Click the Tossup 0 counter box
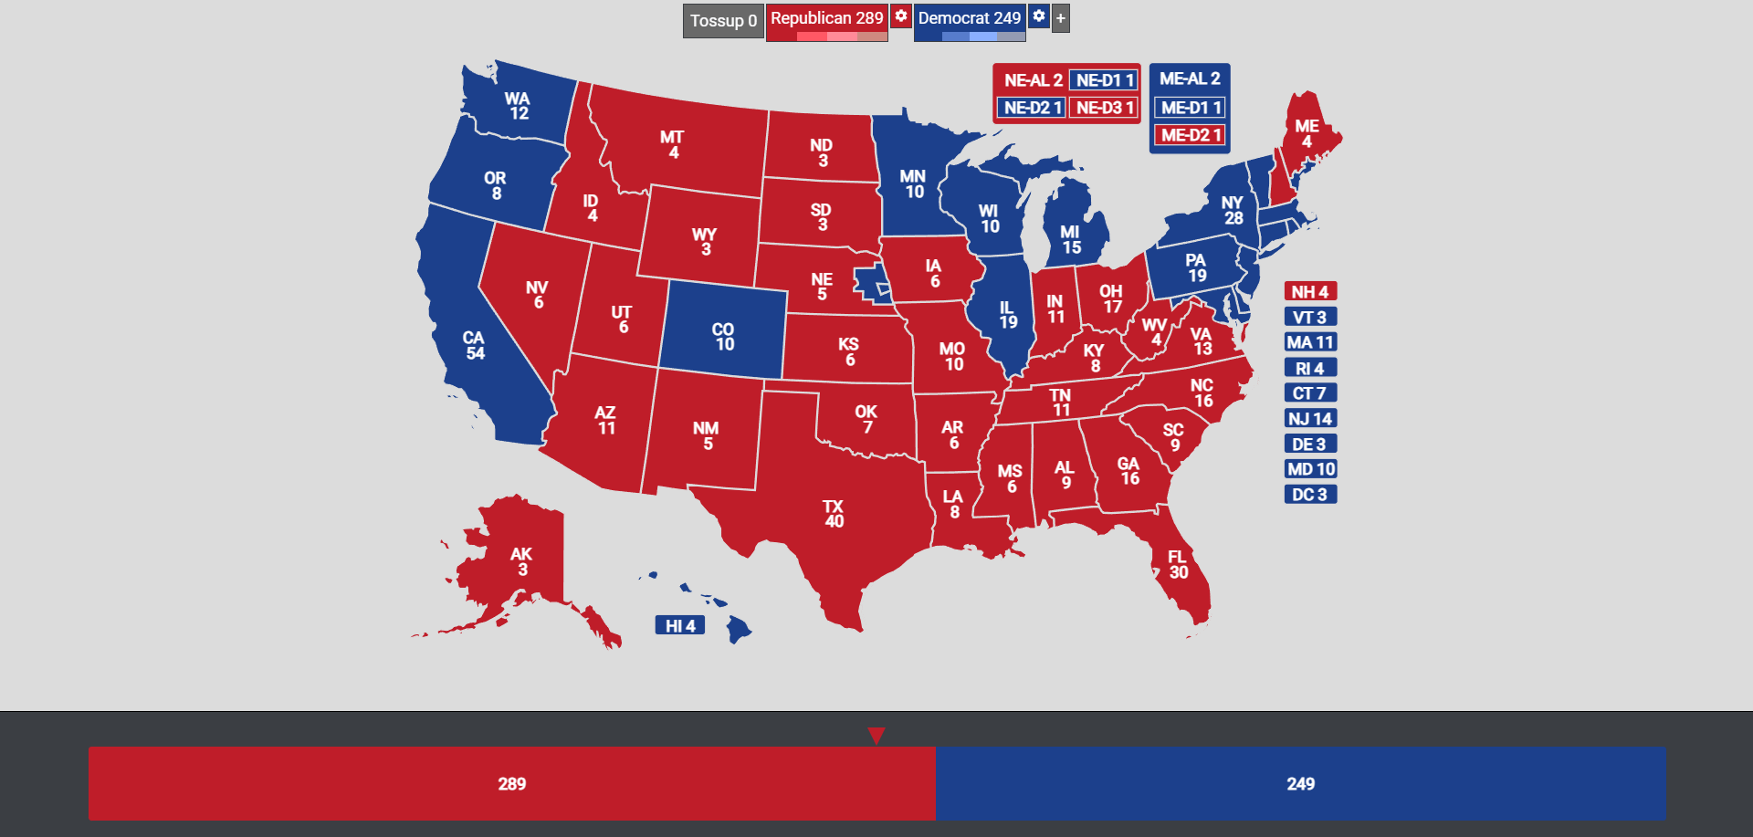click(723, 21)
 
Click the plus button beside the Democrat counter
click(1060, 18)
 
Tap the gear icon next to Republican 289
click(901, 16)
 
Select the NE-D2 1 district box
click(1032, 108)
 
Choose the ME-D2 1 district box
click(1191, 135)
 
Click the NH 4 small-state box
click(1310, 292)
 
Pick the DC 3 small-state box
click(1310, 495)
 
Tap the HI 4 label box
click(680, 626)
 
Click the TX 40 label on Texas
click(834, 514)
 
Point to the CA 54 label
click(474, 346)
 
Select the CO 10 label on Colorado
click(724, 337)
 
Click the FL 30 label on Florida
click(1178, 565)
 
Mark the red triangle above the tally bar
click(876, 736)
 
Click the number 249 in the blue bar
click(1300, 784)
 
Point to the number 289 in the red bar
click(512, 784)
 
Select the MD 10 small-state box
click(1310, 469)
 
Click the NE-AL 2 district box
click(1033, 80)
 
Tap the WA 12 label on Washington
click(518, 106)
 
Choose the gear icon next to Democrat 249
click(1039, 16)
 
